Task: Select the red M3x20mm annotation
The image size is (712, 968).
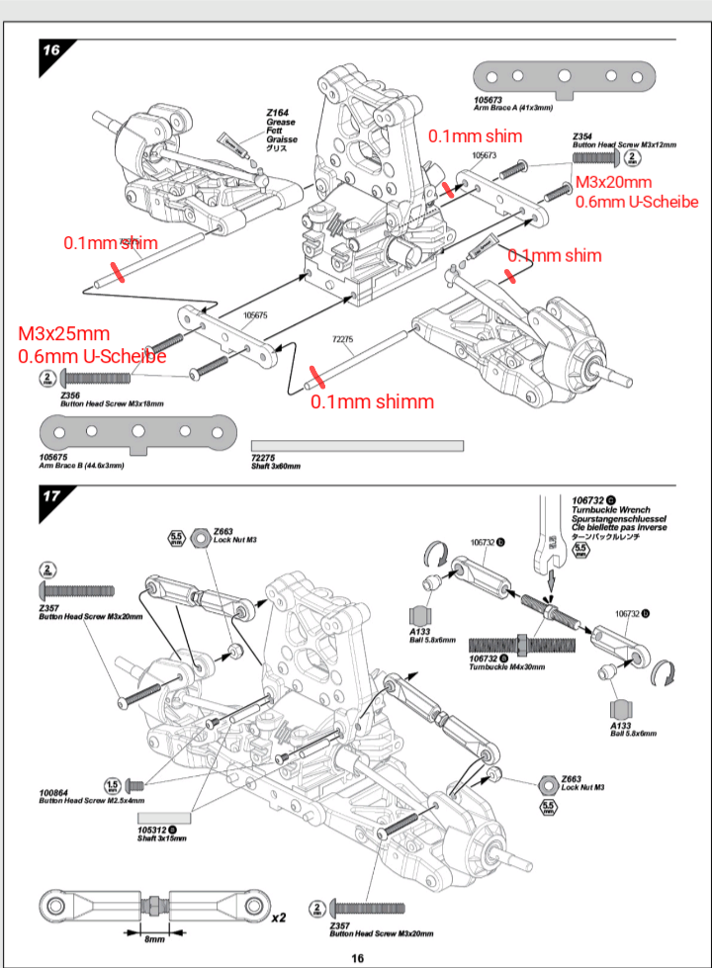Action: (x=613, y=182)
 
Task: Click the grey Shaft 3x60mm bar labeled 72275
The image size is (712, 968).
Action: (x=357, y=446)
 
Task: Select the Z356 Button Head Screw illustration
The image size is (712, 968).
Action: (x=99, y=378)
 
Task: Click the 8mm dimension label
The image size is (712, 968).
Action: (x=154, y=938)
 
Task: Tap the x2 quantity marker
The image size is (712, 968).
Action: (x=281, y=918)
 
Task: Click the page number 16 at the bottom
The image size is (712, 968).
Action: (x=356, y=957)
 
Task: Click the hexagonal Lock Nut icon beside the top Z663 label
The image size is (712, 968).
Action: (x=198, y=535)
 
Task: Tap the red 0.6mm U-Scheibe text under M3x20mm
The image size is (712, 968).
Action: (x=637, y=202)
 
